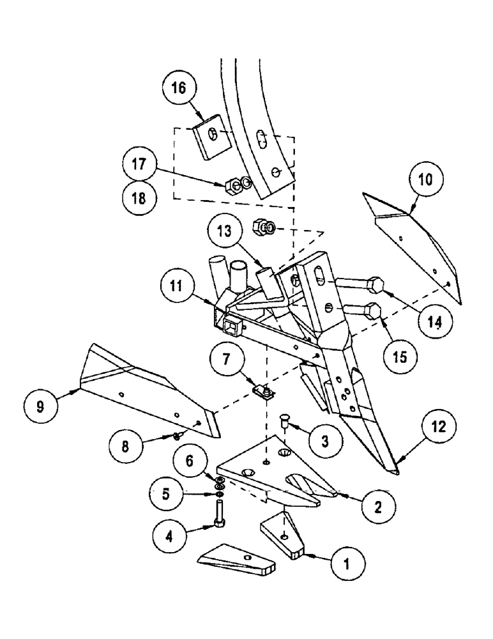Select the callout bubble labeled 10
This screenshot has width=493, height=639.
coord(425,180)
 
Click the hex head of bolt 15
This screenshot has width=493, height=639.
coord(373,311)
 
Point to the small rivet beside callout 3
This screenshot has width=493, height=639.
coord(285,420)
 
